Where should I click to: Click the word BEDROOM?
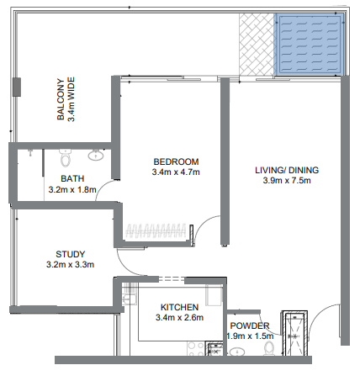coord(176,161)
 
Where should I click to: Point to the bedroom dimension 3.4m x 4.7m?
coord(176,173)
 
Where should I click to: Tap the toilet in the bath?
coord(65,157)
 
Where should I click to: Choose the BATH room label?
coord(71,178)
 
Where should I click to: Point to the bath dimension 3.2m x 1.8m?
coord(71,190)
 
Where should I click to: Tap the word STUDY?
coord(71,253)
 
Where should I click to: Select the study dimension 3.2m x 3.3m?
coord(71,265)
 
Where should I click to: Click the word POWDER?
coord(249,325)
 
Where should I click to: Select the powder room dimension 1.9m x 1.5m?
coord(251,336)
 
